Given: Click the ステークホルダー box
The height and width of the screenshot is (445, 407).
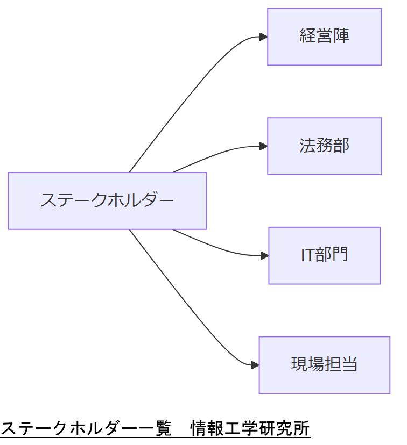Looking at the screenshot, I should point(107,200).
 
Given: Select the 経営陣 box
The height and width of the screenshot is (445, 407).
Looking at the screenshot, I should point(324,37).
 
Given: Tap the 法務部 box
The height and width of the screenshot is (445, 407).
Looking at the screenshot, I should point(324,146).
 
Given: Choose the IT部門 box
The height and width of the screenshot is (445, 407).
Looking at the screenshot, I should point(324,255).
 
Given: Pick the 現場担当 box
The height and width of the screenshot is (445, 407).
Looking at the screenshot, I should point(324,365).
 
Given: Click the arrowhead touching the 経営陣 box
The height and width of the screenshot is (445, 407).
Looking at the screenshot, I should point(263,37).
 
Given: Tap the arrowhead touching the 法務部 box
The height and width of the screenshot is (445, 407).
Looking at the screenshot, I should point(263,146).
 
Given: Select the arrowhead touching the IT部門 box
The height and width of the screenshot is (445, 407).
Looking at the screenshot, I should point(264,256).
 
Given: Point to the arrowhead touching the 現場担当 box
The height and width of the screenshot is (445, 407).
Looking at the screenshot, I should point(255,365).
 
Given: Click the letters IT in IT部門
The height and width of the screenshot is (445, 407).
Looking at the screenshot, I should point(307,255).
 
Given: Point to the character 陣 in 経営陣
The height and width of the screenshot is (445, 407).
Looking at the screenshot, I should point(341,37).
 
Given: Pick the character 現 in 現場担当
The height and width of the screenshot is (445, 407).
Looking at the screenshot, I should point(299,365).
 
